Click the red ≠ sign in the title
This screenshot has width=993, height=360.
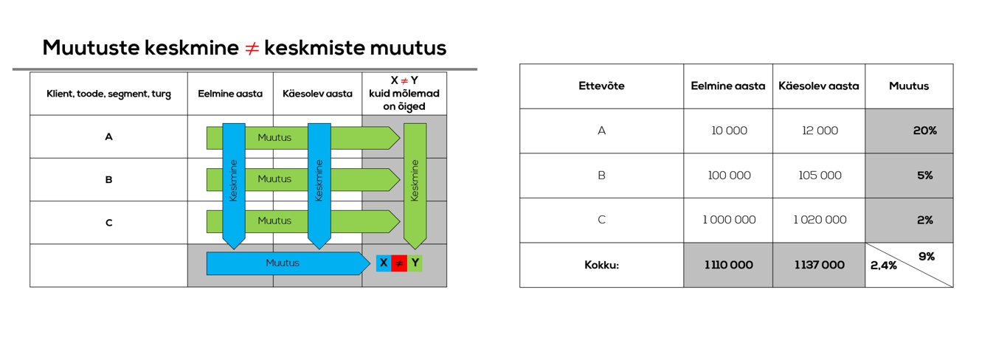tap(252, 49)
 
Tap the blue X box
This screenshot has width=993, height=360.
tap(384, 263)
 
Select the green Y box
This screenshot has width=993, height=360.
tap(415, 263)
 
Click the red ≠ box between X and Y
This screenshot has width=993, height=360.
tap(399, 263)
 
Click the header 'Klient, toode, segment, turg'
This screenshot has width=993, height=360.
tap(108, 94)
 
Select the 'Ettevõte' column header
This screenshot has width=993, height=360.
tap(601, 86)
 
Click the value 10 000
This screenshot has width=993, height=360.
tap(729, 131)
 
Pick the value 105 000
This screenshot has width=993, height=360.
tap(820, 176)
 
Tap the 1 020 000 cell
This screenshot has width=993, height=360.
tap(820, 220)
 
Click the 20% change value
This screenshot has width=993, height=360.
tap(924, 131)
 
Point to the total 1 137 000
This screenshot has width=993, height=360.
tap(820, 265)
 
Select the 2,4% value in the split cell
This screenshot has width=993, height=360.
tap(884, 266)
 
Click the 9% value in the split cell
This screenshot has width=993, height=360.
tap(927, 256)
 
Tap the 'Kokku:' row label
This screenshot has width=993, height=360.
tap(601, 265)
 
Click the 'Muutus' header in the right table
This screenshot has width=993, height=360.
tap(909, 86)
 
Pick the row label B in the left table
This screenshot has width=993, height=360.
tap(108, 179)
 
